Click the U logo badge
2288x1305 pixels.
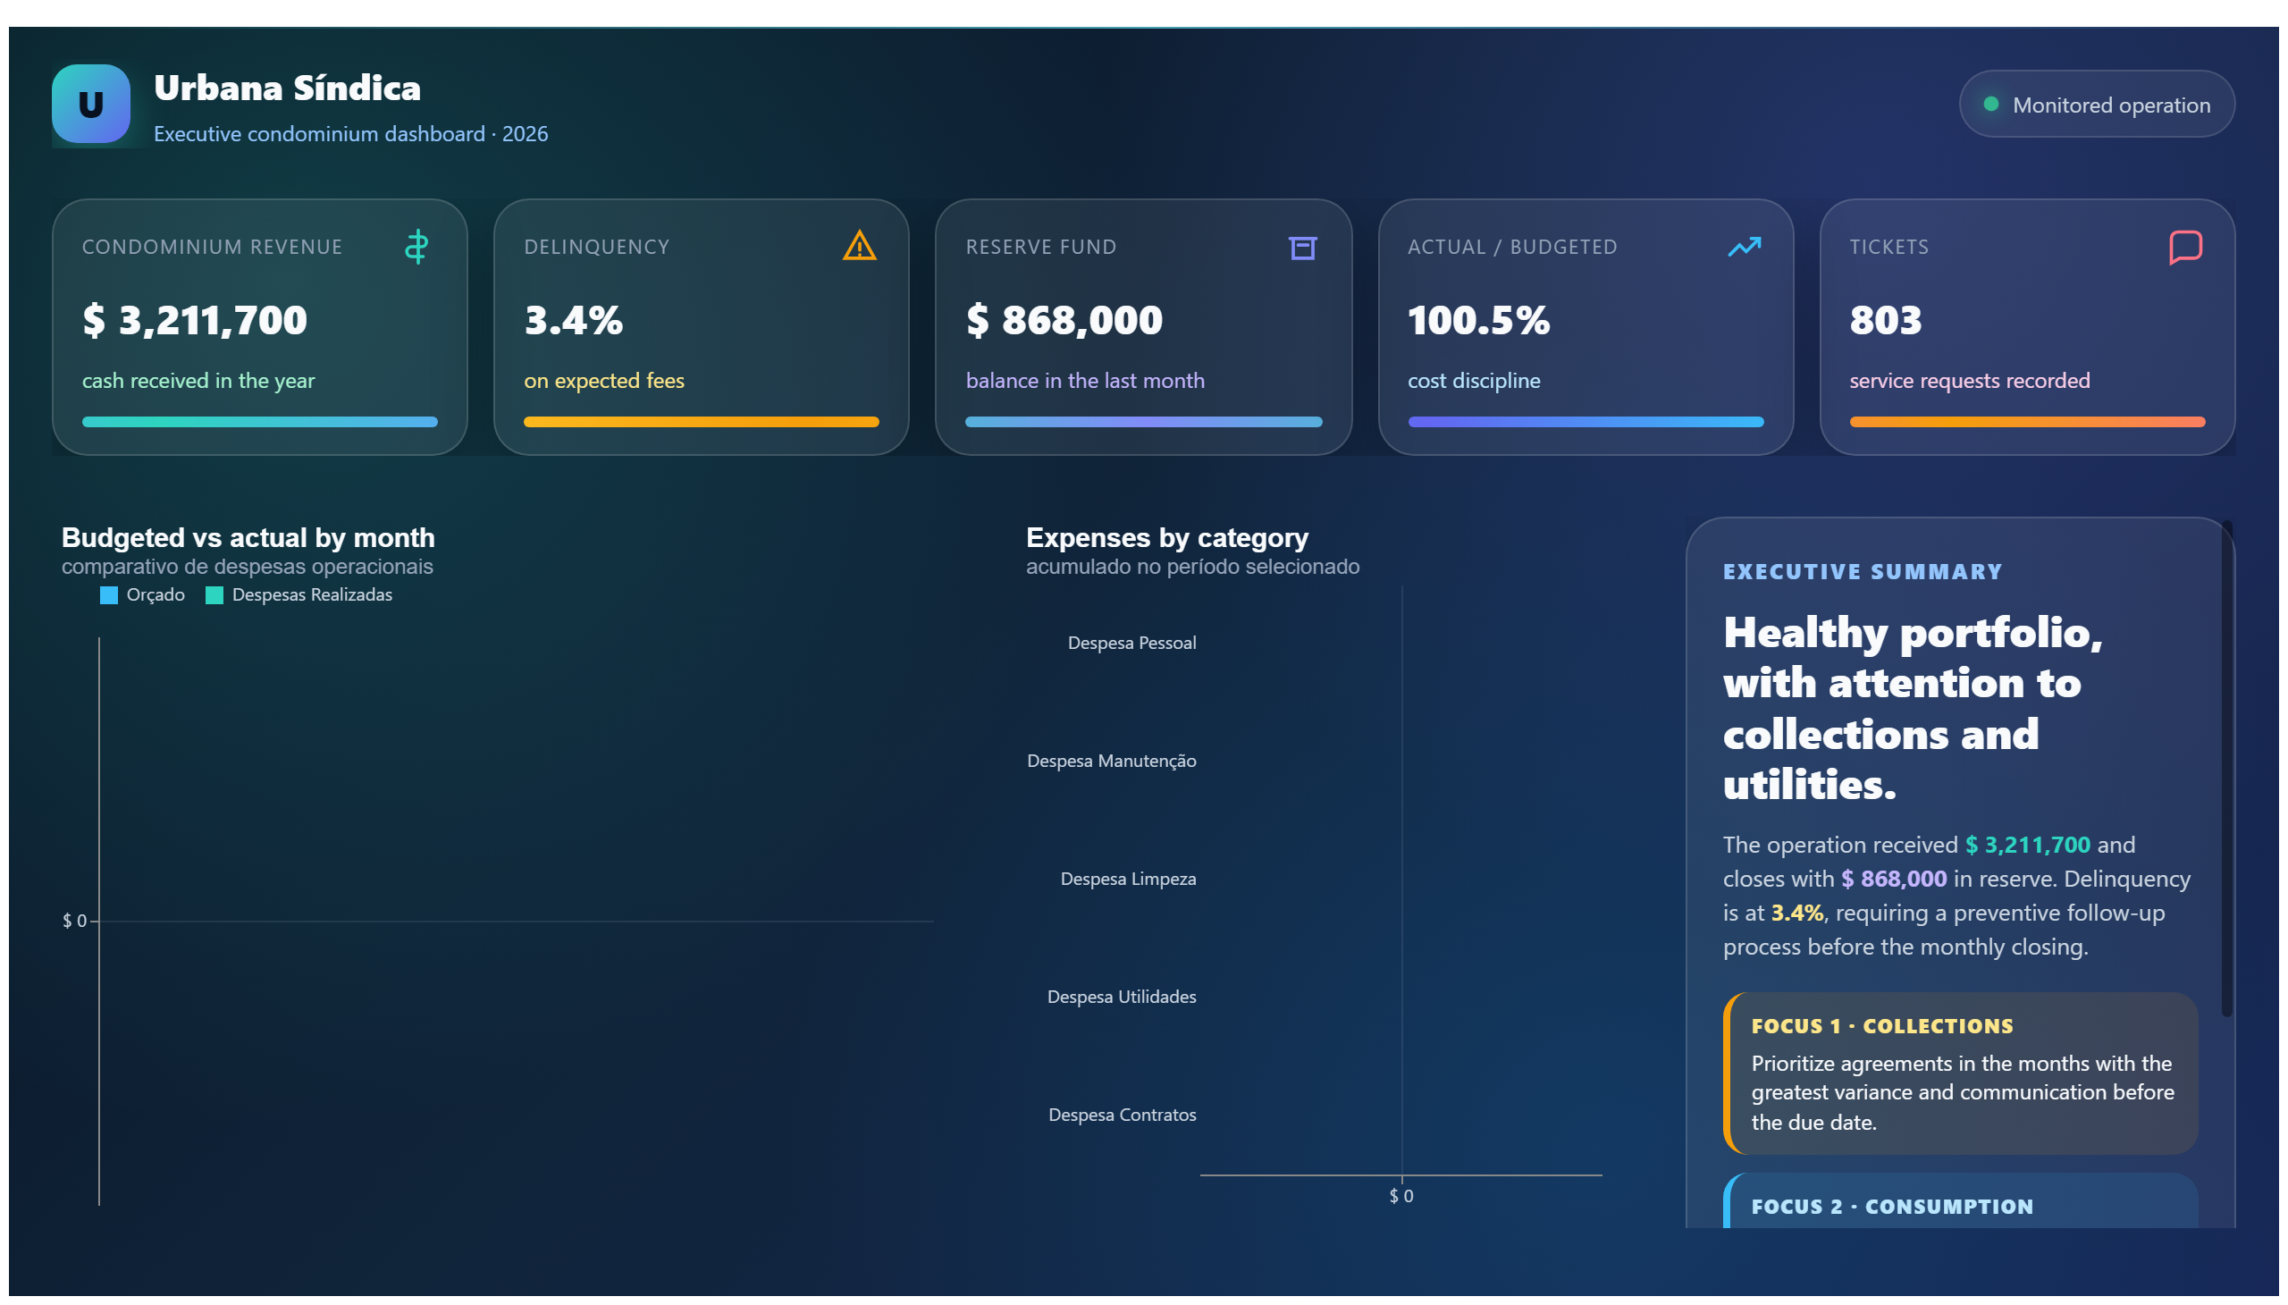pos(90,104)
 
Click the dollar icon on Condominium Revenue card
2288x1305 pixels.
pos(416,247)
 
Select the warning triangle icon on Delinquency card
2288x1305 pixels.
pos(859,246)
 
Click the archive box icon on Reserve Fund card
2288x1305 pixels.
pos(1301,248)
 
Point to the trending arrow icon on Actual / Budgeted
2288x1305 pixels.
pos(1743,247)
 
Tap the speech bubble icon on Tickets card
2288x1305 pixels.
pos(2184,248)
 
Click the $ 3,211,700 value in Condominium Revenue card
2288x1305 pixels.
pos(195,320)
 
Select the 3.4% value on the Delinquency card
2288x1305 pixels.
pos(573,320)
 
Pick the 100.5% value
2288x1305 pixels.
pos(1478,320)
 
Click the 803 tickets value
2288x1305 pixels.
pos(1885,320)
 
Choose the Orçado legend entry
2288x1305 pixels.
pos(142,595)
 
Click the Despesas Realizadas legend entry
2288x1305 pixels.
pos(299,595)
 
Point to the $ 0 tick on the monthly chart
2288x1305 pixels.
pos(74,921)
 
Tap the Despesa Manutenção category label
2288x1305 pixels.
pos(1111,761)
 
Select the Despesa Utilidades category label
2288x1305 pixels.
pos(1121,997)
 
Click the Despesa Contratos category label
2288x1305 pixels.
pos(1122,1115)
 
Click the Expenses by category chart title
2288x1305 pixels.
pos(1167,538)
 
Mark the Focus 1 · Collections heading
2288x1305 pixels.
pos(1881,1026)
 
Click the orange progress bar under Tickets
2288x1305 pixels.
pos(2026,422)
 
